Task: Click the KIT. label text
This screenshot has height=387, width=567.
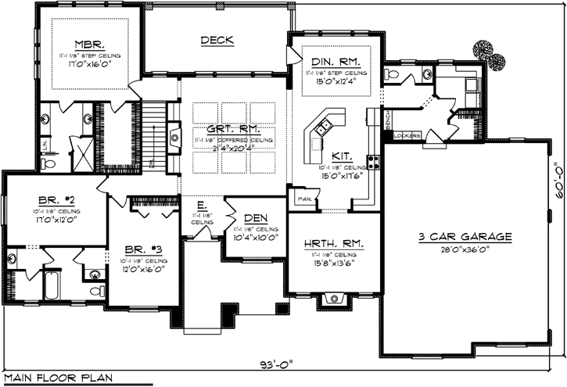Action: [342, 156]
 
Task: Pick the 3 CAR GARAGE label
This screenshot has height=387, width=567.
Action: [464, 235]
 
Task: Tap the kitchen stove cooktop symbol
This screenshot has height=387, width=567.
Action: [374, 163]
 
